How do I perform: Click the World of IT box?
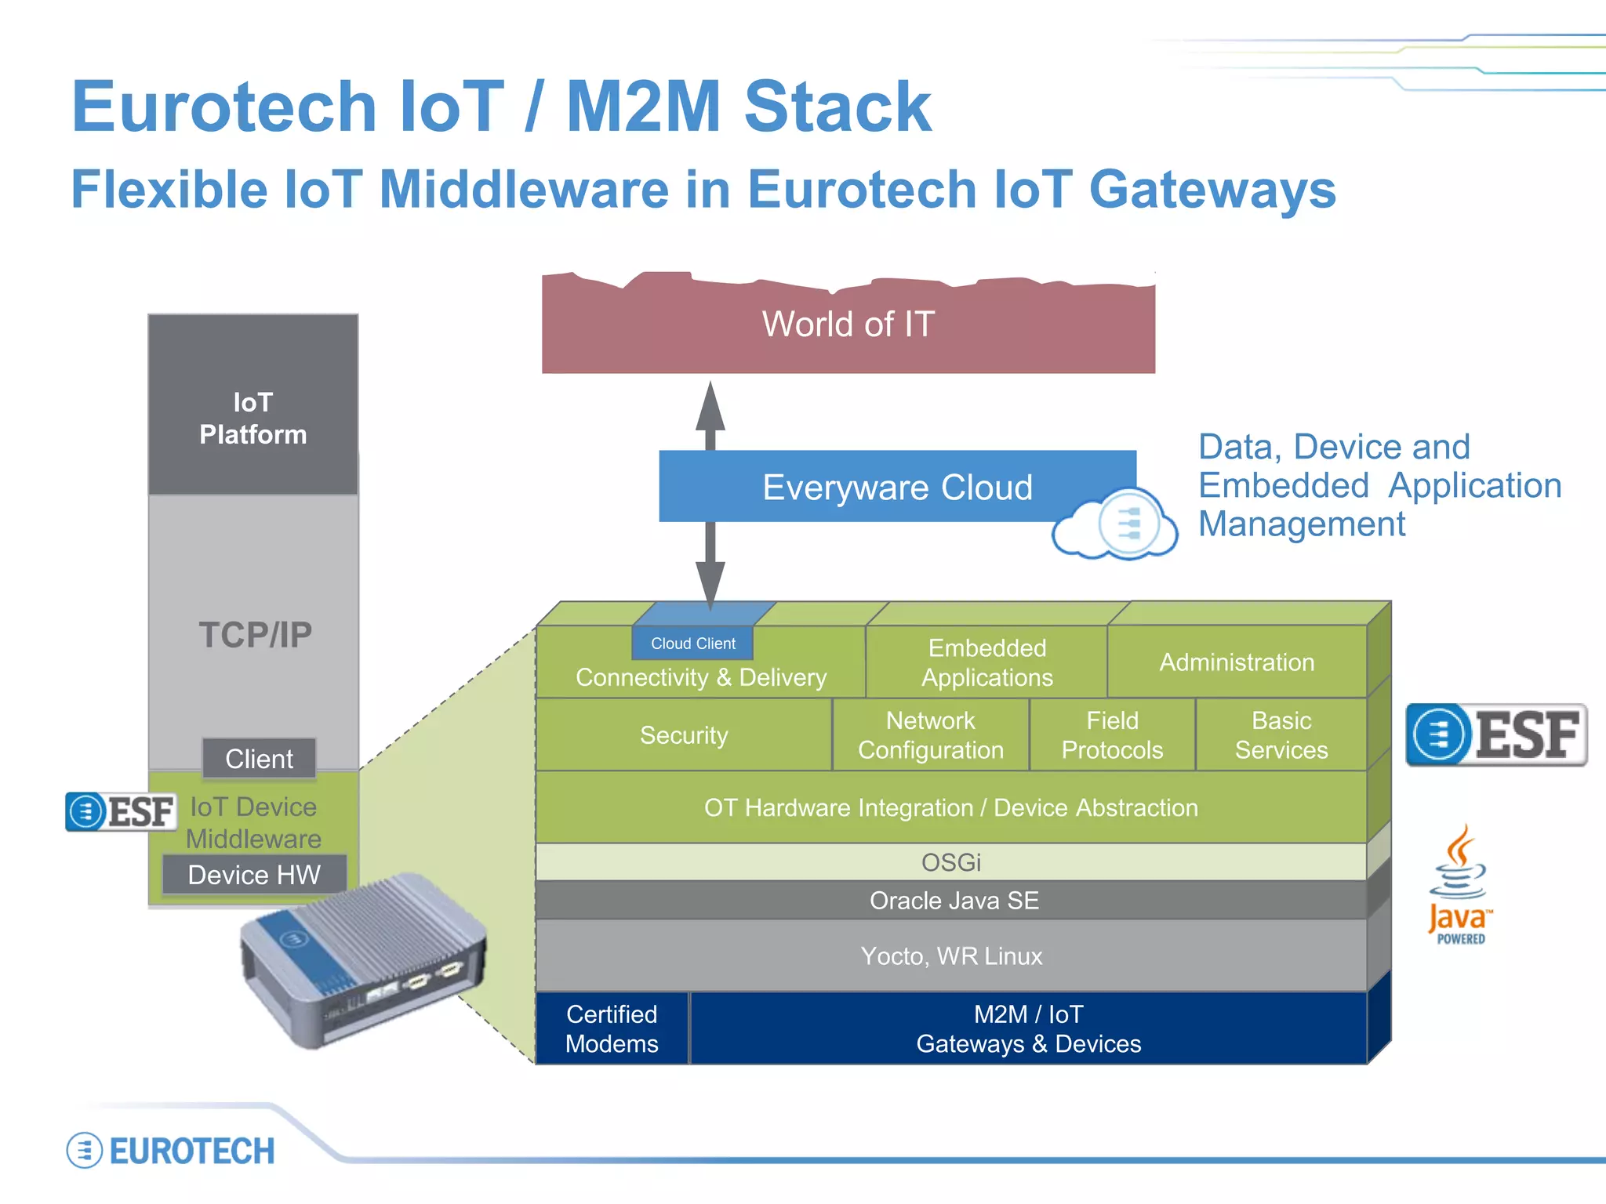848,325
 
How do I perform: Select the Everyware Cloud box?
896,487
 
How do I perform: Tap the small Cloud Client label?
692,644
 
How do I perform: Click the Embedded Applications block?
986,662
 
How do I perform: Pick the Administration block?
1237,662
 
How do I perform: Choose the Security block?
684,735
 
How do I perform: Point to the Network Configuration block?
930,735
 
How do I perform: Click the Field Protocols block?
1112,735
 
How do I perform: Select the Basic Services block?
1281,735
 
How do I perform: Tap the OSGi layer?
950,862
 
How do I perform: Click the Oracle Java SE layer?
954,901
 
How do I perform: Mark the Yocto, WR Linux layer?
951,956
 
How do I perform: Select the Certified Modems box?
612,1029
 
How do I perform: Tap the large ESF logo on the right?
1495,735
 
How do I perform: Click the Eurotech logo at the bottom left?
171,1151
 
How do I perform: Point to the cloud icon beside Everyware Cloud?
1115,524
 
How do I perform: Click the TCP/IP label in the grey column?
255,634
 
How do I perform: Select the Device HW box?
254,875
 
